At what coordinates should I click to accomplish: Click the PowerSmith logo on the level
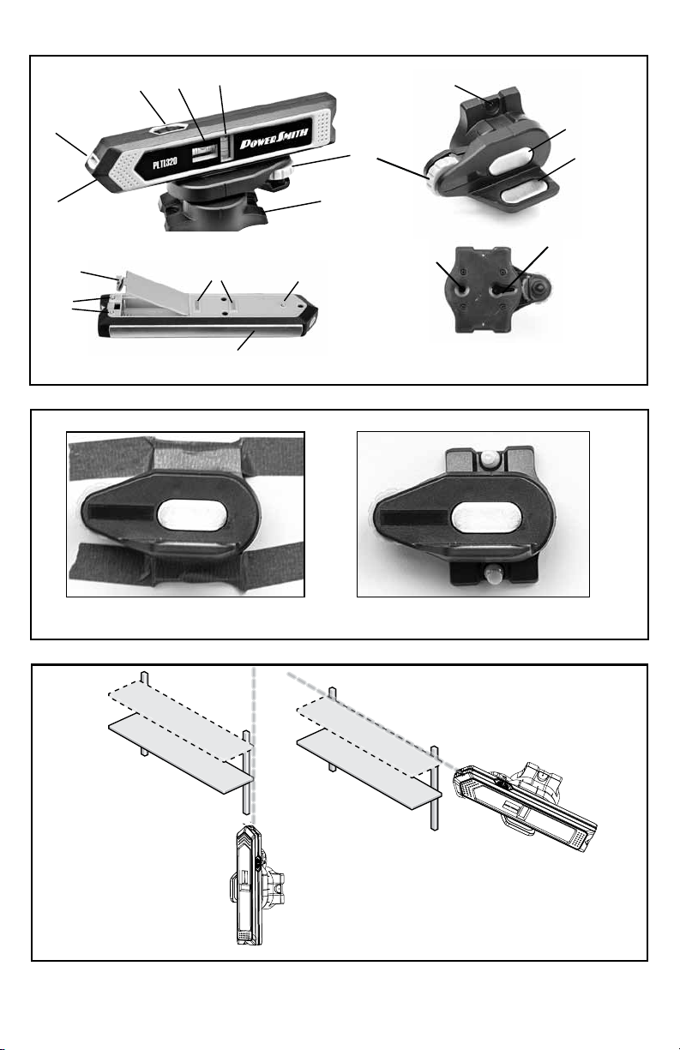[x=274, y=138]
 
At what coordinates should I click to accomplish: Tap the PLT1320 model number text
[x=165, y=162]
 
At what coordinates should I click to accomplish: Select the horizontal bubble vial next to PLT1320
[x=204, y=153]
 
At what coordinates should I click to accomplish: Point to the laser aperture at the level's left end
[x=92, y=161]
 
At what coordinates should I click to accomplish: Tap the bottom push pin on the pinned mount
[x=493, y=574]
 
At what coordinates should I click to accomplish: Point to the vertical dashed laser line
[x=253, y=746]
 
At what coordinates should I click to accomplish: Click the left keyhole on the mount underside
[x=461, y=291]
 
